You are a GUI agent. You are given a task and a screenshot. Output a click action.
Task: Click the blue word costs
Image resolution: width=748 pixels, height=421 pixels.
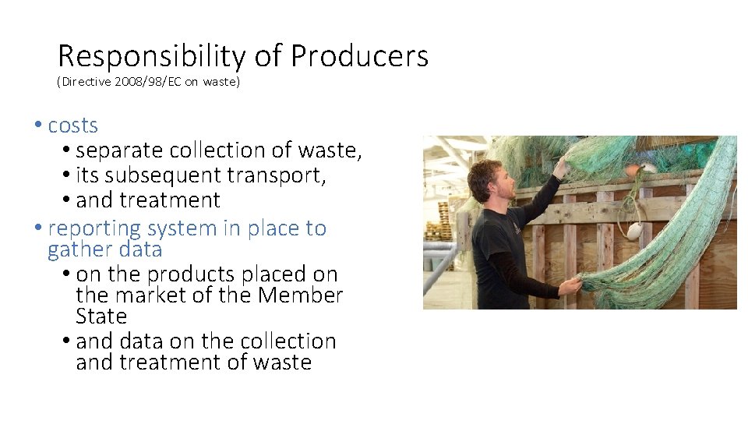(72, 126)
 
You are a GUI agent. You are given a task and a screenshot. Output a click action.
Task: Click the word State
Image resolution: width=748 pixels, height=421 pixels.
(101, 317)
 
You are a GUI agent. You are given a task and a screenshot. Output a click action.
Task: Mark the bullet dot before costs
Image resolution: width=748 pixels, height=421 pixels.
(38, 126)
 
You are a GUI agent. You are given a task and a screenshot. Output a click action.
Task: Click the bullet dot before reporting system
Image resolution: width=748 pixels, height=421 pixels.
(38, 229)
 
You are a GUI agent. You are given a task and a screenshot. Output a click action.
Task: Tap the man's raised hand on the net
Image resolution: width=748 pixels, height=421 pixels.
(560, 165)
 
